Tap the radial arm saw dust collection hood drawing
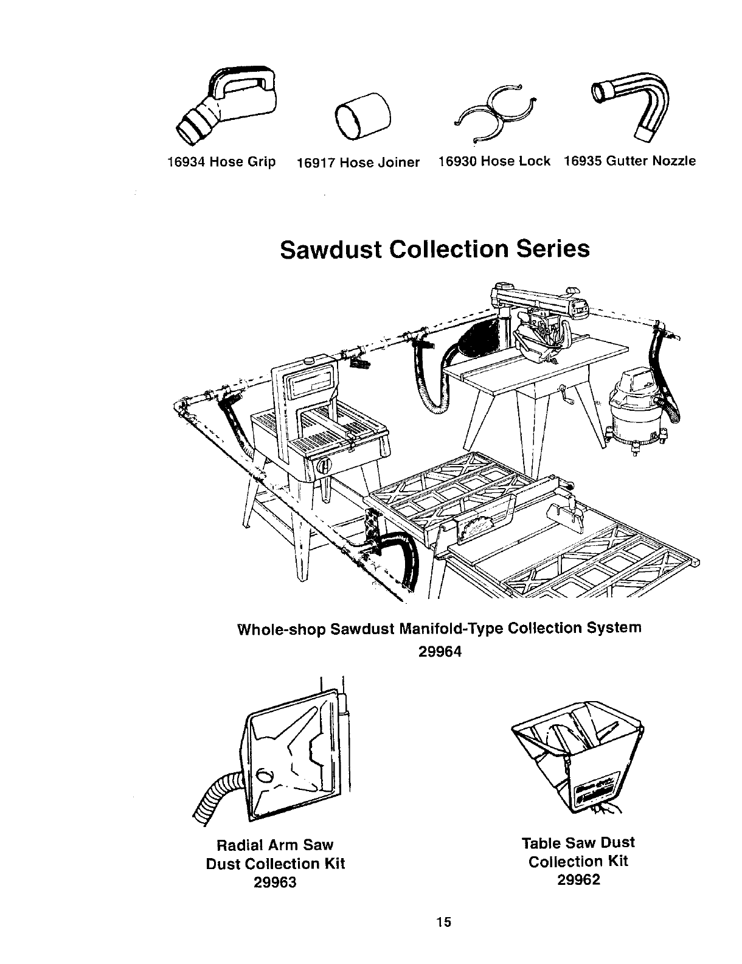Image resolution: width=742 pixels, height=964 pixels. (292, 755)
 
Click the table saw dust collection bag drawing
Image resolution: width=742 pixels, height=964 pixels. (578, 761)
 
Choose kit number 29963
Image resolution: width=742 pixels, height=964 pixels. (275, 882)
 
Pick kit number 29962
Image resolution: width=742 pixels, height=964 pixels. (578, 880)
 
